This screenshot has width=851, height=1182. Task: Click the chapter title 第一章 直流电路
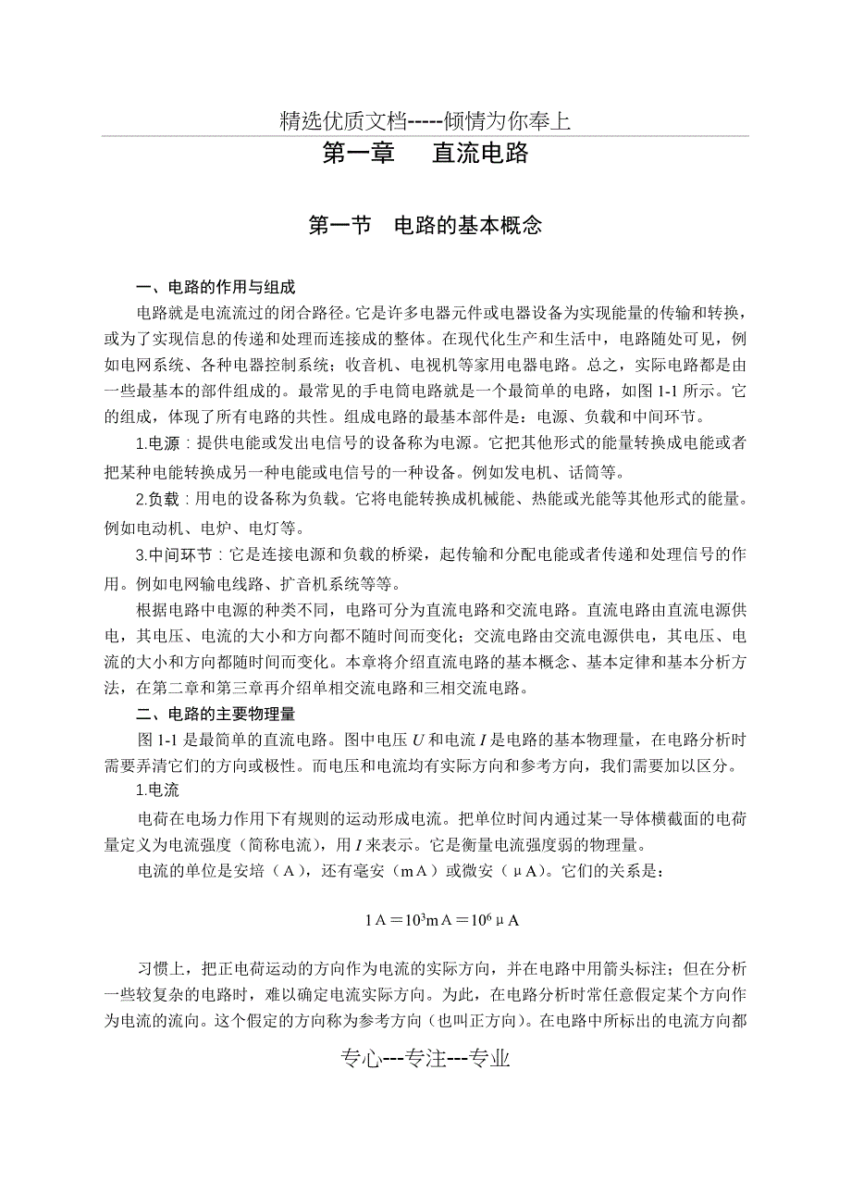point(425,154)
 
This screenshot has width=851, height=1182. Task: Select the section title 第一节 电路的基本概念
point(425,225)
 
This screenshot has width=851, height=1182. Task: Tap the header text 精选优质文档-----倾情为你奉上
point(425,120)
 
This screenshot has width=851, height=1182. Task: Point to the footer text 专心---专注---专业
point(425,1059)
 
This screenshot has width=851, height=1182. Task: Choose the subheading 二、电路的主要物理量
point(216,714)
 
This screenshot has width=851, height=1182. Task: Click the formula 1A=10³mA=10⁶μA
point(441,920)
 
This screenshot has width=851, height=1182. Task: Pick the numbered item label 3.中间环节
point(173,555)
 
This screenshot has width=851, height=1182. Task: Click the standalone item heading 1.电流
point(157,791)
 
